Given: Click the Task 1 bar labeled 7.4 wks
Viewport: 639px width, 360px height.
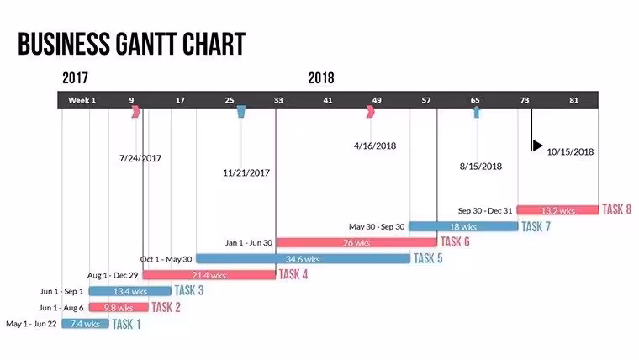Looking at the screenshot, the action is [x=85, y=324].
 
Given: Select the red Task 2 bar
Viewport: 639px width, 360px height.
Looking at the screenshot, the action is [x=119, y=307].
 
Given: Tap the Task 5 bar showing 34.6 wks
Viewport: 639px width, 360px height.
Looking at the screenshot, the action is [x=304, y=258].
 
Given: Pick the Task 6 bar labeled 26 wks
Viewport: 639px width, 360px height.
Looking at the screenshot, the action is [x=357, y=242].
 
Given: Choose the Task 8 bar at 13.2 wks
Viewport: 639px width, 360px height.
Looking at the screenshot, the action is [x=558, y=210].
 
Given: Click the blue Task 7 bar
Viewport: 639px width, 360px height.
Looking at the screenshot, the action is [x=463, y=226].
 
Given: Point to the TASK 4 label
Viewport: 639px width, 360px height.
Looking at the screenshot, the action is [x=293, y=274].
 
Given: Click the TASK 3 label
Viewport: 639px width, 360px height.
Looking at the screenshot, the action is [x=189, y=290].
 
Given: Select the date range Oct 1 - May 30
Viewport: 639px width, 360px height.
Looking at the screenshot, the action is [x=166, y=259].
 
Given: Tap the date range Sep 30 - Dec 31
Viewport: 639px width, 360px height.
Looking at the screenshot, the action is [x=485, y=211].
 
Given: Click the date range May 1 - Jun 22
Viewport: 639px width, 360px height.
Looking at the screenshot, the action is [x=31, y=324].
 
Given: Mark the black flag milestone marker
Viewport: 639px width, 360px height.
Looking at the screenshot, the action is [x=536, y=146].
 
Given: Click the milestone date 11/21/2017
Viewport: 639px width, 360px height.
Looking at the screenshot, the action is [x=246, y=172].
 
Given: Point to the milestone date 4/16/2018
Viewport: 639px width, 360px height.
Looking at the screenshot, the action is [x=375, y=146].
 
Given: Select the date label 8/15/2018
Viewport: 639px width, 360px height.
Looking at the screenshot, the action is [x=481, y=166].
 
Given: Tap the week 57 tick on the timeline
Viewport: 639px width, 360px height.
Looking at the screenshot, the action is [x=426, y=100].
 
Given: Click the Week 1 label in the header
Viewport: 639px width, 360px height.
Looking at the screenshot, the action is [x=82, y=100].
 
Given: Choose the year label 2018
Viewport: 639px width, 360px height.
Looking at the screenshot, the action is [x=321, y=78].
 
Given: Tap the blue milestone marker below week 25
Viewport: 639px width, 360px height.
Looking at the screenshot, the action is [x=240, y=112].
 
